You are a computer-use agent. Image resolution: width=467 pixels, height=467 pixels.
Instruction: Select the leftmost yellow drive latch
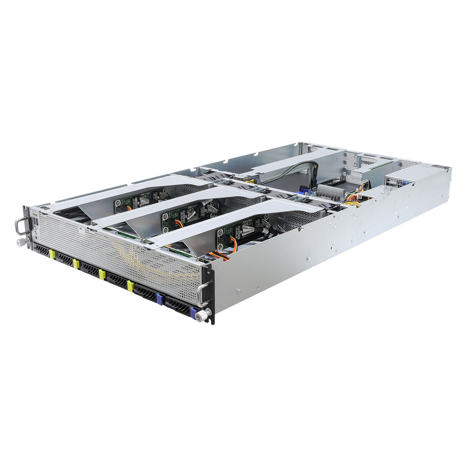52,254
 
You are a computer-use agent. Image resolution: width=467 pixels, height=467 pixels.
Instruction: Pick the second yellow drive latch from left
76,264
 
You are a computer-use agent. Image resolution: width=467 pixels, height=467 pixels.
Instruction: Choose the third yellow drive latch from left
102,274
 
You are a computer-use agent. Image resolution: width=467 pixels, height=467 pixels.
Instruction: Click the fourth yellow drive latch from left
130,286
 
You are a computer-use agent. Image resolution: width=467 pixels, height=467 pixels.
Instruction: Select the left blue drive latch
159,299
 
